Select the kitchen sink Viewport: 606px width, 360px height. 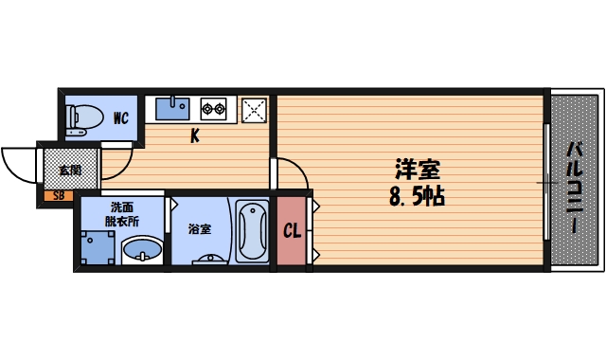tap(173, 107)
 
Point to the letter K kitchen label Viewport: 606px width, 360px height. tap(194, 135)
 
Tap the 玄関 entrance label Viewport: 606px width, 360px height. tap(69, 171)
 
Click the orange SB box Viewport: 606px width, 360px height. tap(59, 196)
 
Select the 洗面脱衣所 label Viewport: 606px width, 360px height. tap(123, 213)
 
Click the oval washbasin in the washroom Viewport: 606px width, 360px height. tap(143, 250)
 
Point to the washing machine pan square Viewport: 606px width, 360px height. tap(98, 246)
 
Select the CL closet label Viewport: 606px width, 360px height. tap(292, 230)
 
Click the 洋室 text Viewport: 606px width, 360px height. tap(418, 171)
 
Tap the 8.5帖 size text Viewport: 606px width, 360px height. tap(418, 198)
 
